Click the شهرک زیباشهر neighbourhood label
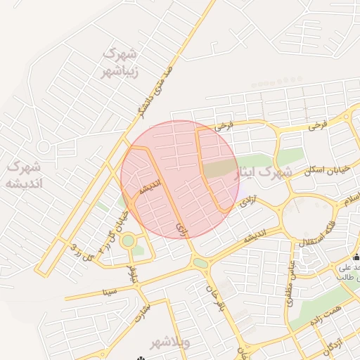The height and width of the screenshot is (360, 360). (120, 62)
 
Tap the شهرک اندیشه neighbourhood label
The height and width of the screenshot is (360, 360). (23, 175)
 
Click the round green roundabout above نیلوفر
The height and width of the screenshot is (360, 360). (128, 241)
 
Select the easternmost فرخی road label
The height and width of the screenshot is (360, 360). (318, 127)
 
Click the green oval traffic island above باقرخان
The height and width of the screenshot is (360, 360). (200, 264)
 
